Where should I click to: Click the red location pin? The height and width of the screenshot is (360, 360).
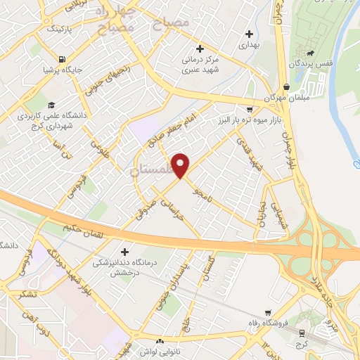(181, 165)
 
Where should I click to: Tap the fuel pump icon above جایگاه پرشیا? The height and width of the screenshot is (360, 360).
(63, 59)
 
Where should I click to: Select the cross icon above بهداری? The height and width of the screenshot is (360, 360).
(249, 34)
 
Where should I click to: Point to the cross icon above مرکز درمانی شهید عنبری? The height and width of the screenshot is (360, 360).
(200, 49)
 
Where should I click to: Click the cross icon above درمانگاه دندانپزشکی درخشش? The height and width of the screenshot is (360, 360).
(124, 252)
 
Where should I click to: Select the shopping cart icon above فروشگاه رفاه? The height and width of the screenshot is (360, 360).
(268, 314)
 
